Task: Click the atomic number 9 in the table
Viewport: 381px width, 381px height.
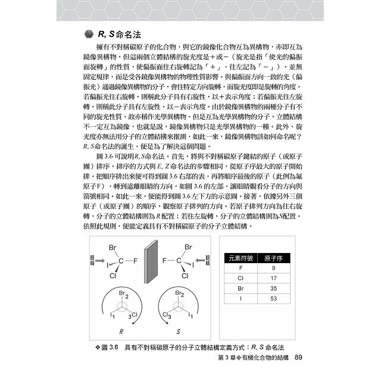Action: (273, 267)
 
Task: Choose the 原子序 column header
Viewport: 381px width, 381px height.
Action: (273, 257)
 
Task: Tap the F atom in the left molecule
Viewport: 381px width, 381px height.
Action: (136, 260)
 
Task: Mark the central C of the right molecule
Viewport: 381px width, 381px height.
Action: (185, 260)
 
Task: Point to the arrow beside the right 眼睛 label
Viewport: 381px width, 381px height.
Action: (201, 260)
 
